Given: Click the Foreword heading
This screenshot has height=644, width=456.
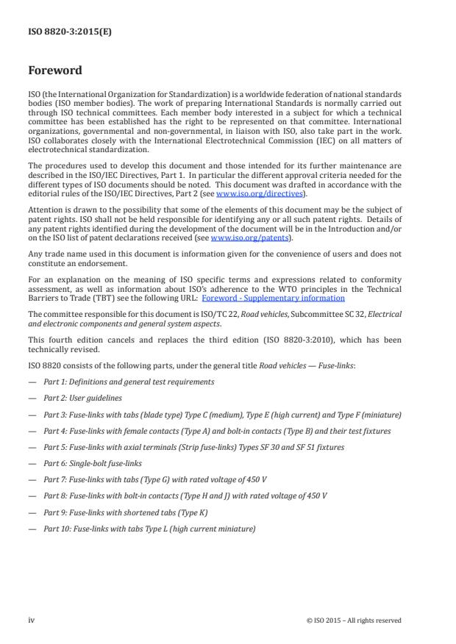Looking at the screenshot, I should tap(55, 71).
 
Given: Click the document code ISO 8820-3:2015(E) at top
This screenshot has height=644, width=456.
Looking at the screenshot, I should tap(60, 32).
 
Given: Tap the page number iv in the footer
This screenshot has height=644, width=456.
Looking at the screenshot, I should tap(32, 620).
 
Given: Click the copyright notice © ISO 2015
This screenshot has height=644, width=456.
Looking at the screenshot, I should tap(354, 620).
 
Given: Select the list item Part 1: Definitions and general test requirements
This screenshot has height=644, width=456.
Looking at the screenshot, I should tap(129, 382).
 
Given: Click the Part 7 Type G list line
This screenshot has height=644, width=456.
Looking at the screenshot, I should tap(154, 479).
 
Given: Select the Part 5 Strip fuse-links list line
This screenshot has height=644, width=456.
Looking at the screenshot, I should tap(183, 447).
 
